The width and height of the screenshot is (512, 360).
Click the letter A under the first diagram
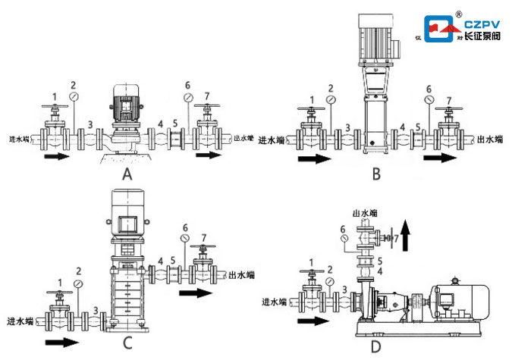point(127,174)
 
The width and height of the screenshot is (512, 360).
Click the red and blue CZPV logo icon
point(441,30)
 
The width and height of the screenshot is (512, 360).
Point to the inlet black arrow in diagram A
point(59,158)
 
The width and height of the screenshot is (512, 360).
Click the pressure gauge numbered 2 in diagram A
point(74,97)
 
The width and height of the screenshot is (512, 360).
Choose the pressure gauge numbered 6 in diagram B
point(429,99)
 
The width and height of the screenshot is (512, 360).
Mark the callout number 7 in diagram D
point(395,239)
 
